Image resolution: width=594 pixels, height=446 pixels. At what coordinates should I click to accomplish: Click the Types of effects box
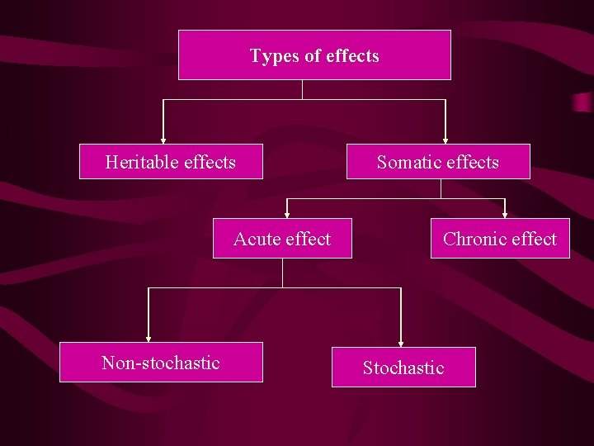click(314, 55)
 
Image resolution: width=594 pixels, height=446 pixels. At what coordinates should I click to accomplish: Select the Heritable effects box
click(171, 162)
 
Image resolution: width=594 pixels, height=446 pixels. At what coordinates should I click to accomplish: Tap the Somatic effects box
click(438, 162)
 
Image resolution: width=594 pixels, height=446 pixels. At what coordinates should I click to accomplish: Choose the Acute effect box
click(282, 239)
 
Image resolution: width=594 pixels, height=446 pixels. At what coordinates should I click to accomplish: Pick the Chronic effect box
click(500, 239)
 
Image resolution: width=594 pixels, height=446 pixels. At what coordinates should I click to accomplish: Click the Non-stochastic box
click(161, 363)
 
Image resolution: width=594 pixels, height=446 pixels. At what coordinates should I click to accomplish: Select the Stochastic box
click(403, 368)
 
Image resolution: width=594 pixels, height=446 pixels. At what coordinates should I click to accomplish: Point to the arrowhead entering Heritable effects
click(163, 140)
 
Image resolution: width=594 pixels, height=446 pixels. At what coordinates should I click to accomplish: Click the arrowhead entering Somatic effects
click(445, 140)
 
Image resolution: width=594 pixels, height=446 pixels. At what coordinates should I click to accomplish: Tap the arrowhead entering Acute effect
click(287, 214)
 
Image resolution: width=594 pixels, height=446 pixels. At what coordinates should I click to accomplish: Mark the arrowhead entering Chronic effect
click(505, 214)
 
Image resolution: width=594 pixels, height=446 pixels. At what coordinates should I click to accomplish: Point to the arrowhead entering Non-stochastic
click(148, 338)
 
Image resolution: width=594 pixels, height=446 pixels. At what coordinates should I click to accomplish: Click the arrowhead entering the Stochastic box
click(401, 343)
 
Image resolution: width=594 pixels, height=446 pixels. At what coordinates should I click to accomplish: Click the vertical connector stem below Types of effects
click(303, 89)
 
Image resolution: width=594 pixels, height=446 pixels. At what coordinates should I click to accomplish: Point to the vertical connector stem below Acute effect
click(282, 273)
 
